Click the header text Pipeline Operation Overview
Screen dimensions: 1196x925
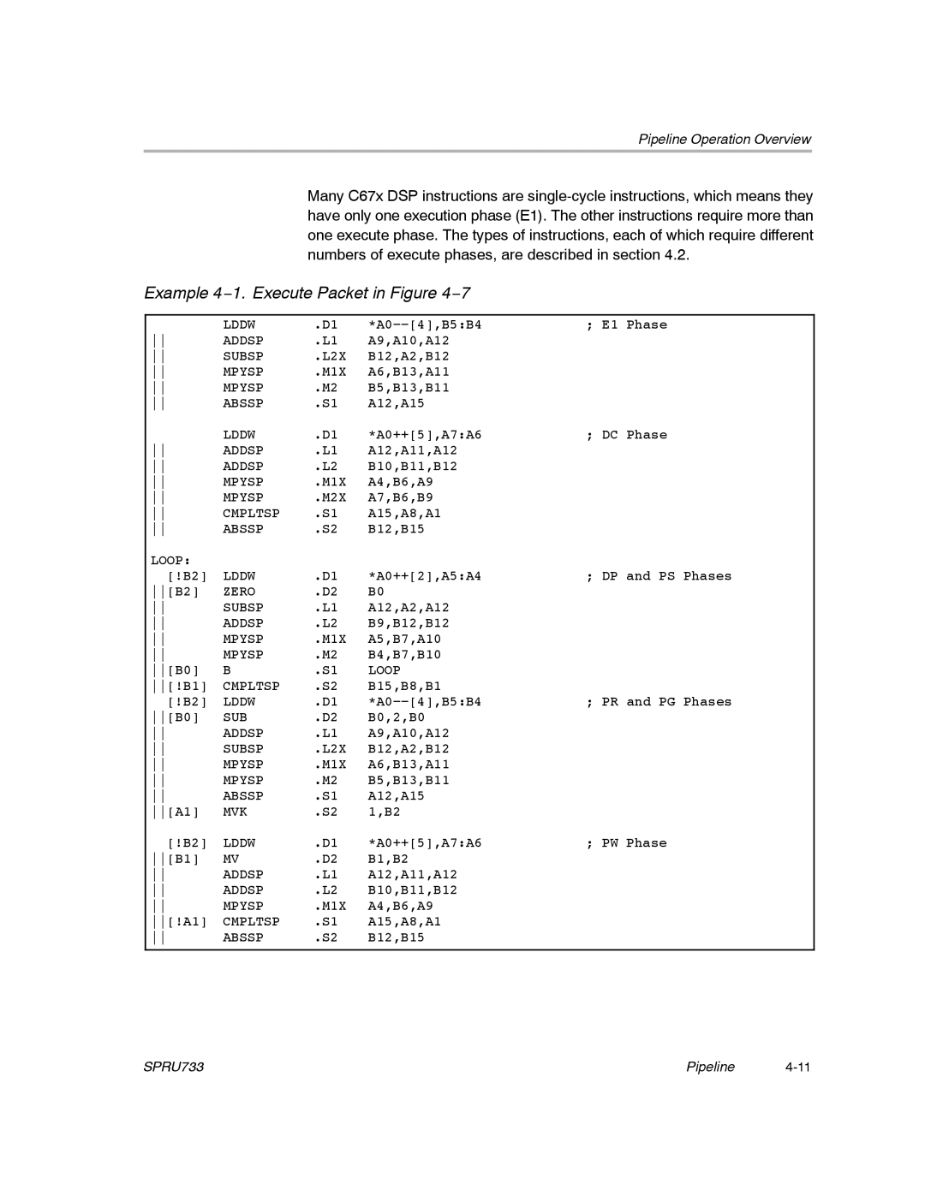pyautogui.click(x=725, y=140)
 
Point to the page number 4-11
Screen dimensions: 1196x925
pyautogui.click(x=797, y=1067)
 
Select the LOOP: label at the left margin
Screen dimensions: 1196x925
pyautogui.click(x=170, y=561)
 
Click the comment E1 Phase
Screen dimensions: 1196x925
pyautogui.click(x=627, y=325)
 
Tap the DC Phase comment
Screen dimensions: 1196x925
pyautogui.click(x=627, y=435)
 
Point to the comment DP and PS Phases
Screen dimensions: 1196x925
pyautogui.click(x=659, y=576)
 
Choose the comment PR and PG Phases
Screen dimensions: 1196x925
pyautogui.click(x=659, y=702)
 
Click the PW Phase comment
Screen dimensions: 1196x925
pyautogui.click(x=627, y=843)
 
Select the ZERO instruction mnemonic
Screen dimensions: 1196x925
pyautogui.click(x=239, y=592)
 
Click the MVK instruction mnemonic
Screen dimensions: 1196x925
pyautogui.click(x=236, y=812)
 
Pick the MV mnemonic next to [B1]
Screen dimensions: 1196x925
pyautogui.click(x=231, y=859)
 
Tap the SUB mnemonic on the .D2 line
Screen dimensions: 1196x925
pyautogui.click(x=236, y=717)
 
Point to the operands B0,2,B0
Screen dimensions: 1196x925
pyautogui.click(x=397, y=717)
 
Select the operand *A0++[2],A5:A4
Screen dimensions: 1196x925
pyautogui.click(x=425, y=576)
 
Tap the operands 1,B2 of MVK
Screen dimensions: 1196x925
pyautogui.click(x=385, y=812)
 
